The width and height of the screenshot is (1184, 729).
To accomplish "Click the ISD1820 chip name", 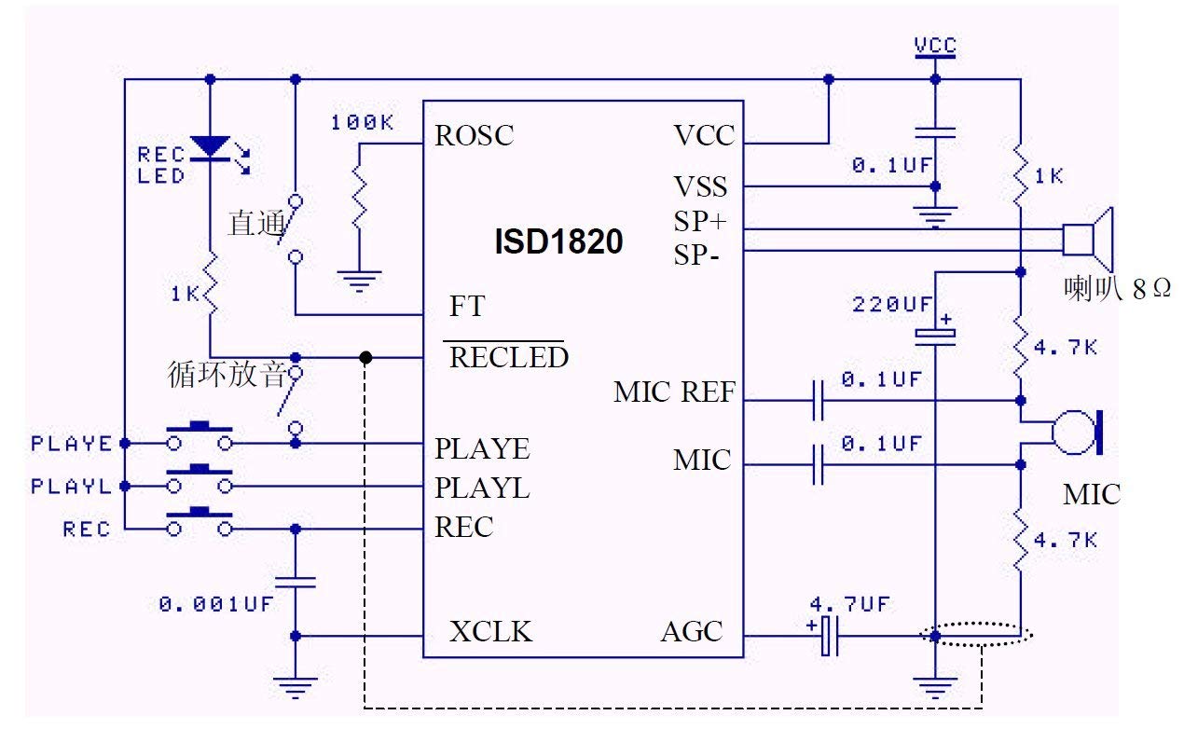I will tap(558, 243).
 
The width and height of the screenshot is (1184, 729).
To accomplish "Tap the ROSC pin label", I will tap(474, 135).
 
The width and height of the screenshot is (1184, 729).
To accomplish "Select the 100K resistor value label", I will tap(364, 122).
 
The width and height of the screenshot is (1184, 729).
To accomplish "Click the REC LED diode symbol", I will tap(211, 146).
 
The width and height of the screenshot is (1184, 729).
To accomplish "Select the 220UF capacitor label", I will tap(890, 305).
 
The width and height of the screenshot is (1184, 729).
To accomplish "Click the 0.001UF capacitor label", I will tap(215, 604).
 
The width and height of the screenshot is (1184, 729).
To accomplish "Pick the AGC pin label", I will tap(691, 631).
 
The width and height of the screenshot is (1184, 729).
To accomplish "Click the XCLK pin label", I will tap(490, 632).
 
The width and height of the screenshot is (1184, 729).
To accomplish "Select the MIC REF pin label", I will tap(673, 392).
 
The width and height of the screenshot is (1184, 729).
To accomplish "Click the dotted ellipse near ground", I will tap(976, 637).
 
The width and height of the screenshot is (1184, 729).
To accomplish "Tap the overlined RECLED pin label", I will tap(509, 357).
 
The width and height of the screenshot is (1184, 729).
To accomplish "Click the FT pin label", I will tap(466, 307).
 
